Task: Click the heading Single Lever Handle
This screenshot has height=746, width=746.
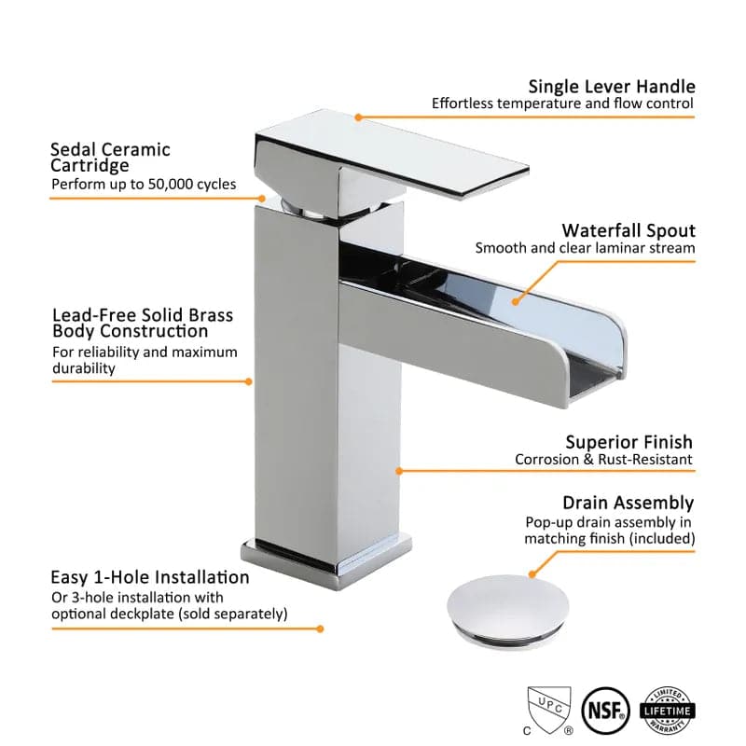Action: coord(612,87)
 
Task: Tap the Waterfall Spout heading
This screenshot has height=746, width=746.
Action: coord(629,230)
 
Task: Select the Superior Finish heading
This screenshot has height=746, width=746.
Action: coord(629,442)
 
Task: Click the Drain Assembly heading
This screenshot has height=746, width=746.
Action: coord(628,503)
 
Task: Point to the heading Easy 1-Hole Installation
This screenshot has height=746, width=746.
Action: coord(150,577)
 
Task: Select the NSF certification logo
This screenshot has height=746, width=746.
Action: coord(605,711)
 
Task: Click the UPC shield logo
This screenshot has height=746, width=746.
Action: coord(548,711)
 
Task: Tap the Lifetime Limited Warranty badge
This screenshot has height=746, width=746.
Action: coord(667,711)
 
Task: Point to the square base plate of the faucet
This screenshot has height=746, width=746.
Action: coord(326,564)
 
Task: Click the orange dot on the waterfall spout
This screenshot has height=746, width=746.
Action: coord(516,301)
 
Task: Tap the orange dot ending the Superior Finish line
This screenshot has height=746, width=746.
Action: coord(399,471)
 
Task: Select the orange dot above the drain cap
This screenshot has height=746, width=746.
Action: coord(532,574)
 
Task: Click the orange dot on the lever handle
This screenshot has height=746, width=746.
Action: coord(358,117)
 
